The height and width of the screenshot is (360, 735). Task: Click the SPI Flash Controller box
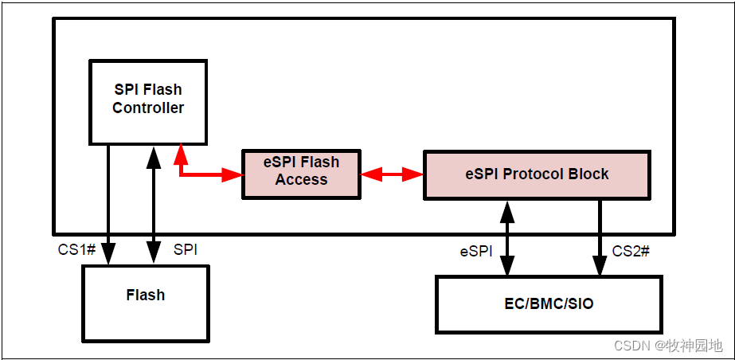[147, 101]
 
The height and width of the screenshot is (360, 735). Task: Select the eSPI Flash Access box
[301, 171]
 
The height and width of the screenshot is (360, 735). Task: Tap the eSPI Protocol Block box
[536, 174]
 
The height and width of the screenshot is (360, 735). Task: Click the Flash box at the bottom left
[145, 303]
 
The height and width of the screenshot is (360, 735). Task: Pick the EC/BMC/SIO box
[549, 304]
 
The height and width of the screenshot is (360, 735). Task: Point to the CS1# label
[77, 250]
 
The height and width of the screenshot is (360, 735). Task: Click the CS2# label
[631, 251]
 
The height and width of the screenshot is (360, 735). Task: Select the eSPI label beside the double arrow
[476, 251]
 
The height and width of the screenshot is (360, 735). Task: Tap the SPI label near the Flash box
[186, 250]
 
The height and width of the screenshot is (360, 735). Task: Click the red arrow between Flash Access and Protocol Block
[392, 173]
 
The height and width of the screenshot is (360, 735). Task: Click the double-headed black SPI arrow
[151, 207]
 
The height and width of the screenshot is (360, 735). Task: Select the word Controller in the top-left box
[148, 108]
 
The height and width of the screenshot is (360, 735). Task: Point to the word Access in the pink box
[301, 180]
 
